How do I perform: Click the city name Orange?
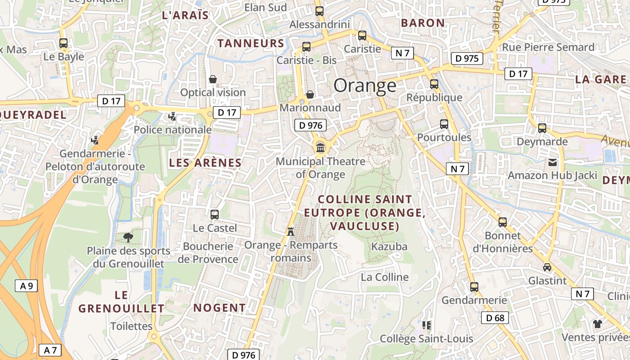tap(365, 85)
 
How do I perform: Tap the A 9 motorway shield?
tap(27, 286)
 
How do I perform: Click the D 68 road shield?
tap(495, 318)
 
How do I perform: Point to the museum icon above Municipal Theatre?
tap(320, 147)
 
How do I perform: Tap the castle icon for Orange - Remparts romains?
tap(291, 231)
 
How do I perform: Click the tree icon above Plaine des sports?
tap(128, 237)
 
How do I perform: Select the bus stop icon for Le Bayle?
tap(63, 43)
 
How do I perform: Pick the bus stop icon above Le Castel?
tap(215, 215)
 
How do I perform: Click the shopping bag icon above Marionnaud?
tap(310, 94)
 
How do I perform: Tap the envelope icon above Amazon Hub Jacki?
tap(552, 162)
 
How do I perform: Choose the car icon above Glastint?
tap(547, 267)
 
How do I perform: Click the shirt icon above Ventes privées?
tap(597, 324)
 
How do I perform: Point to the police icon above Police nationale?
tap(172, 117)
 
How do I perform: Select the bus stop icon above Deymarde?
tap(542, 128)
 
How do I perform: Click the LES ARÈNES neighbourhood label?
tap(205, 163)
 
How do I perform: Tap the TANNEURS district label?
tap(251, 43)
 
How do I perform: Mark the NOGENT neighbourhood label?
tap(220, 308)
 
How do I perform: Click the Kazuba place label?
tap(389, 247)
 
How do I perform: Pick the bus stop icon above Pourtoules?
tap(444, 124)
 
